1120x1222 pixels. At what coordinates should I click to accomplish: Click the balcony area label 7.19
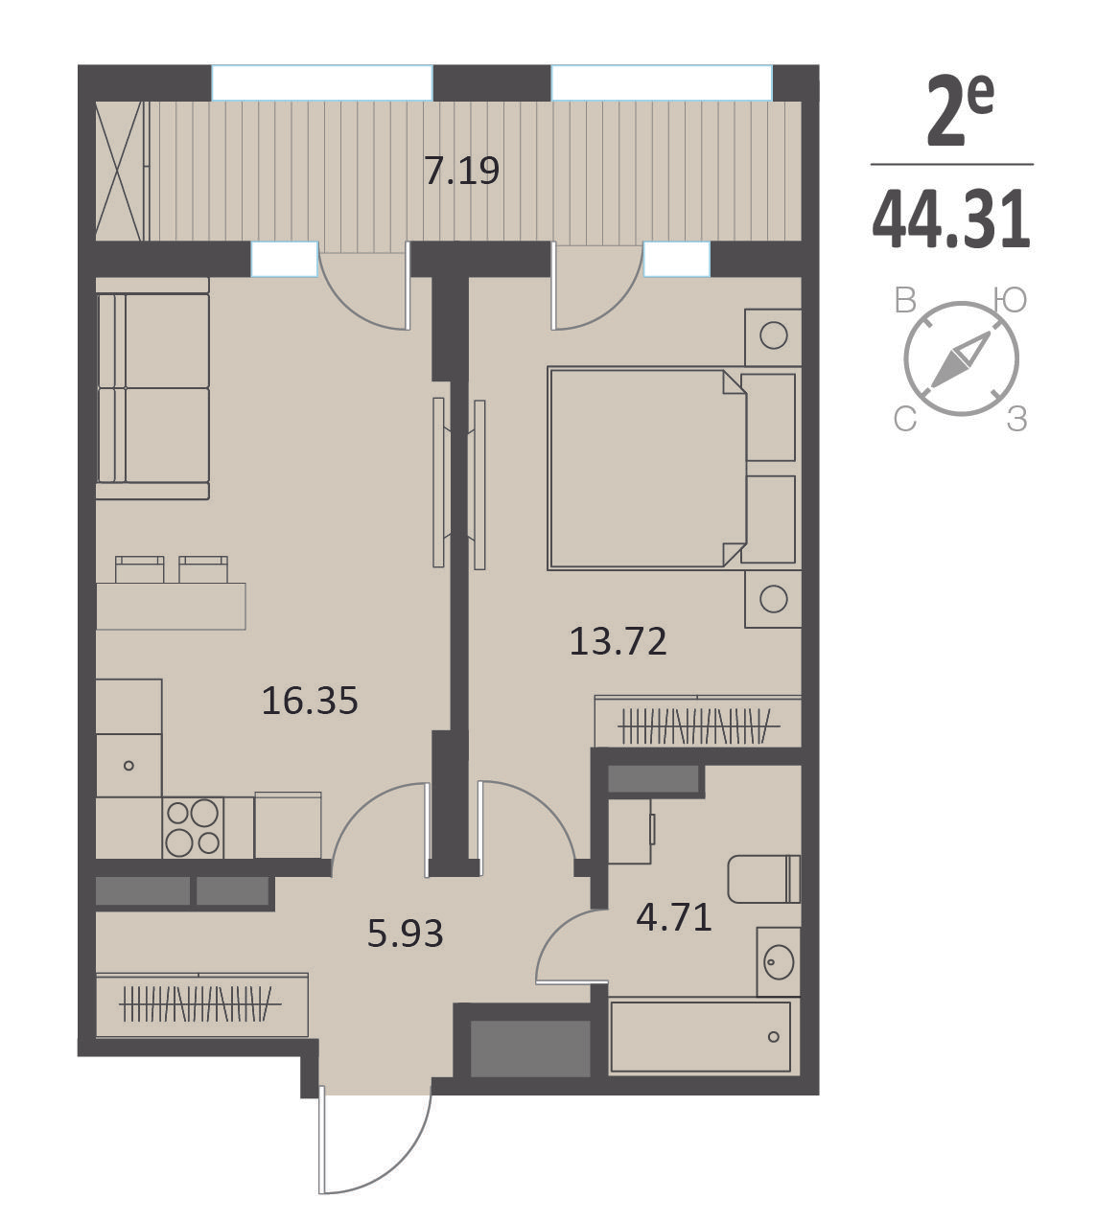tap(461, 171)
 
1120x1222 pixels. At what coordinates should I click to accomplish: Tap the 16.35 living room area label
tap(310, 700)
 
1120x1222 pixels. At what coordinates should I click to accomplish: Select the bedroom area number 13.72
tap(618, 641)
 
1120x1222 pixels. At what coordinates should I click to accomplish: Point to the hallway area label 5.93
tap(405, 934)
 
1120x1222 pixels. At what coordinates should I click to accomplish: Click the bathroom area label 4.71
tap(674, 917)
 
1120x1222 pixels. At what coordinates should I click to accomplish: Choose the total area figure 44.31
tap(951, 219)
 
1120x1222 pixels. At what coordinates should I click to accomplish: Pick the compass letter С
tap(905, 420)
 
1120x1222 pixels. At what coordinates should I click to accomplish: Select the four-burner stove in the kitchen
tap(193, 827)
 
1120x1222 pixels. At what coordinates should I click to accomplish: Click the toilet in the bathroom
tap(764, 879)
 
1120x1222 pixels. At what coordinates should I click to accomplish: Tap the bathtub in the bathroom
tap(701, 1037)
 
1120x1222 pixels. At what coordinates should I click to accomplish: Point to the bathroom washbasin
tap(779, 962)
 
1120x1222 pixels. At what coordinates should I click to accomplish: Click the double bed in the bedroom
tap(674, 468)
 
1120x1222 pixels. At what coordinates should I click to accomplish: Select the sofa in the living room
tap(153, 389)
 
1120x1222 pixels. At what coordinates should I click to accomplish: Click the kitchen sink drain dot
tap(128, 766)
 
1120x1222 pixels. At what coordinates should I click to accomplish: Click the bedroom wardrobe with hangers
tap(697, 722)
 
